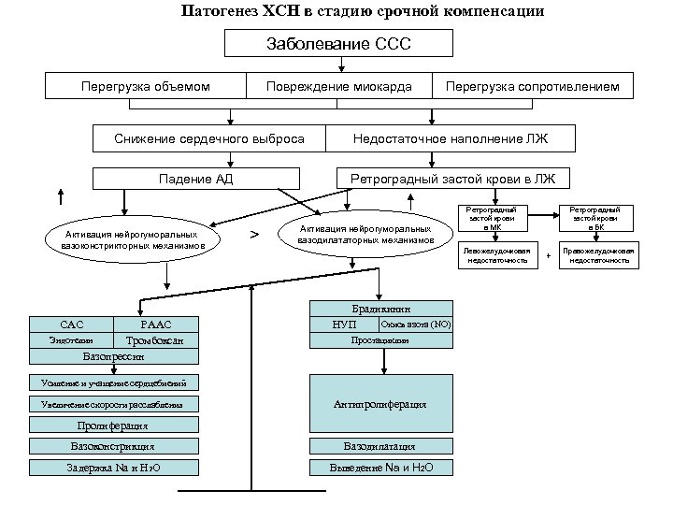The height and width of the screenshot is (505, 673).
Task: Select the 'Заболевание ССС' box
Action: click(339, 43)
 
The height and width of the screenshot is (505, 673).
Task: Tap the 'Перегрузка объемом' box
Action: click(146, 87)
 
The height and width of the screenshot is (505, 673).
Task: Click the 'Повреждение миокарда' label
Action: click(338, 87)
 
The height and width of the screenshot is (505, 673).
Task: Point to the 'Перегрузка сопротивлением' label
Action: click(532, 87)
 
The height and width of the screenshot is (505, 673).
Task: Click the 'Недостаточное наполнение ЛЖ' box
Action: click(450, 138)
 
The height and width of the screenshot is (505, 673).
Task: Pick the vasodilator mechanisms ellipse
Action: click(365, 234)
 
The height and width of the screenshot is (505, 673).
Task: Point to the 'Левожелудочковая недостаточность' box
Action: click(497, 255)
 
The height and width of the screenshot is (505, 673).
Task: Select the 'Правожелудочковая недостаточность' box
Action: click(601, 255)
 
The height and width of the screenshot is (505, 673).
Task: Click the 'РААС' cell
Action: click(155, 324)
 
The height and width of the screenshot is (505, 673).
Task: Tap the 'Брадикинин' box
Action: click(380, 308)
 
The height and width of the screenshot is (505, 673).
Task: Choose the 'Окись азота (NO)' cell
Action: click(415, 324)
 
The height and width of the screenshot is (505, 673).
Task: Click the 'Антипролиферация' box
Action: click(380, 404)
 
